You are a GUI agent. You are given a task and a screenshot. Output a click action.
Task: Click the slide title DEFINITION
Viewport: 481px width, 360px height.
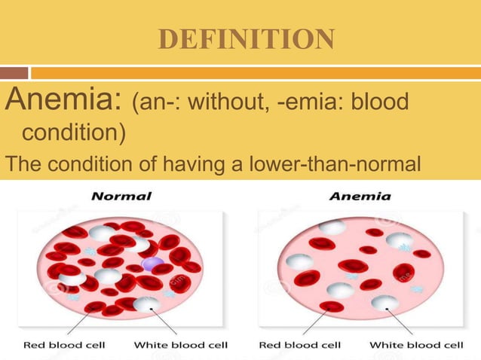pos(246,38)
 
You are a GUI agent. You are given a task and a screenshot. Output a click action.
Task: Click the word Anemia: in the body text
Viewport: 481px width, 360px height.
pos(64,101)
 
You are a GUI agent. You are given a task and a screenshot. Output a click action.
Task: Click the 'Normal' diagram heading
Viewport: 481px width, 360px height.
pos(121,197)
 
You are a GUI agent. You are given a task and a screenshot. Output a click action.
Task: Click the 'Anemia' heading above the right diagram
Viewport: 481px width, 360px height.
pos(360,197)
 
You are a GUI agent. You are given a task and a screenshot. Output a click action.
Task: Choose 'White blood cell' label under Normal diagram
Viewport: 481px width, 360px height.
pos(181,345)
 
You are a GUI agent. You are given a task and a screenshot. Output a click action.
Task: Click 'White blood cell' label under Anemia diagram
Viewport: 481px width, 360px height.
pos(416,345)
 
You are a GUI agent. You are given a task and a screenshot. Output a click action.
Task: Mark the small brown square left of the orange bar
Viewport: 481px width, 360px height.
pos(14,73)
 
